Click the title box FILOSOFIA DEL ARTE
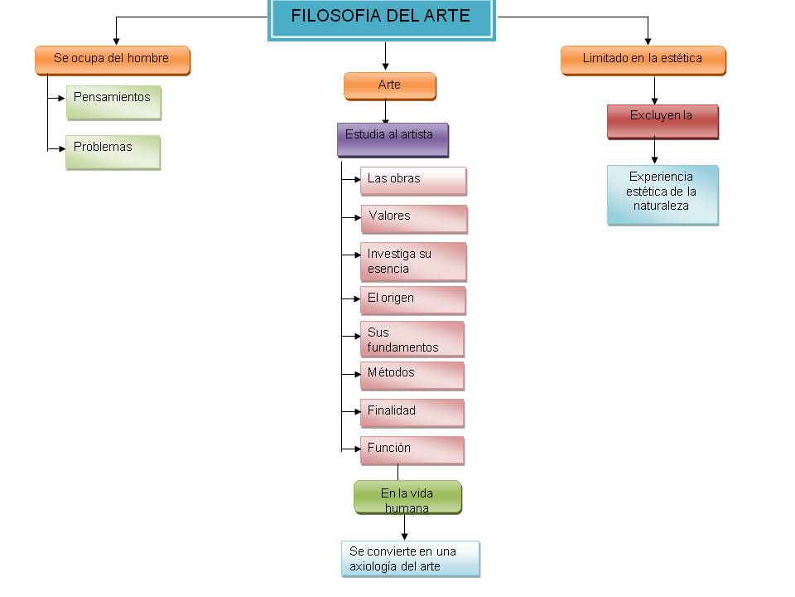point(381,18)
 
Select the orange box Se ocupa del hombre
point(113,61)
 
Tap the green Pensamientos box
point(113,102)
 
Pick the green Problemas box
point(113,153)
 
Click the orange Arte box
point(389,86)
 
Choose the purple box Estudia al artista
point(393,139)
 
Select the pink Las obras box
point(413,181)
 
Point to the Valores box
point(413,219)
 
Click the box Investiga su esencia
point(413,262)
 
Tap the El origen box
point(412,300)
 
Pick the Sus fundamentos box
point(412,339)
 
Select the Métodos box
point(412,375)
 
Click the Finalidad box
point(412,413)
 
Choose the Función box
point(412,450)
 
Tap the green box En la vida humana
point(407,498)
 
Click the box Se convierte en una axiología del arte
point(410,559)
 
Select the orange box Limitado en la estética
point(643,61)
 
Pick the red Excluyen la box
point(662,121)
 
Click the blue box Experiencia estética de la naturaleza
point(662,195)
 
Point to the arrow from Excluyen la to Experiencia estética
point(655,152)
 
